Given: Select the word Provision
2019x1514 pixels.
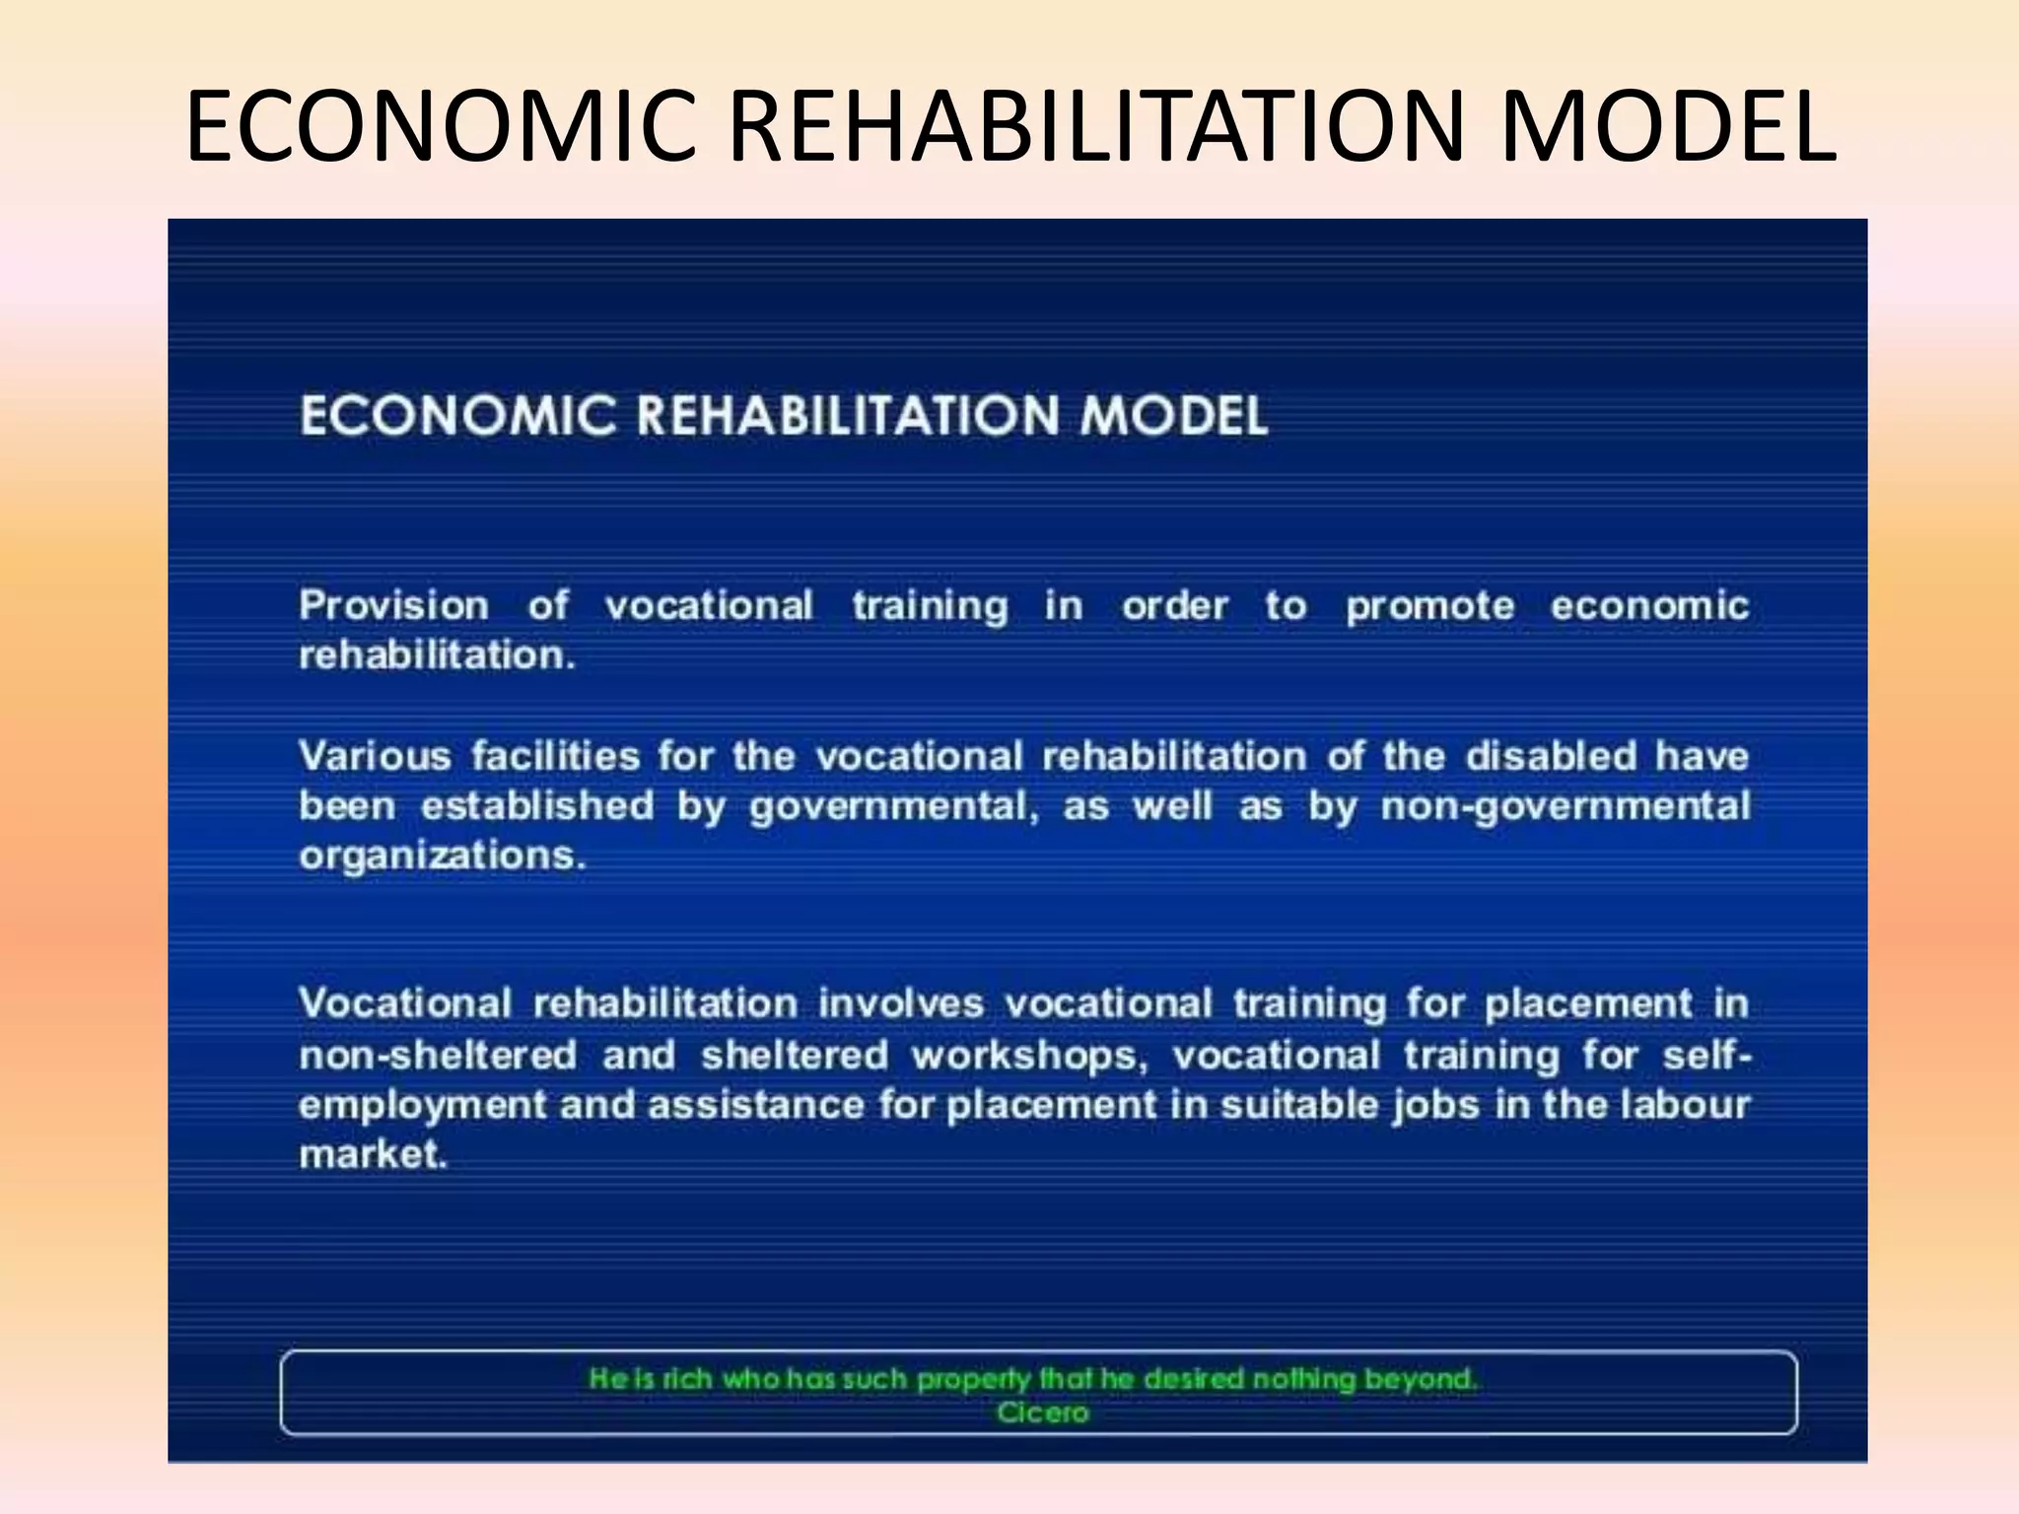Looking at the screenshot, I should [x=393, y=605].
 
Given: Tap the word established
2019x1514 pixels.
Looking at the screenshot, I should [x=537, y=806].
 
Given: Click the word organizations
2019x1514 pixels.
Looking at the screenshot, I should [x=442, y=856].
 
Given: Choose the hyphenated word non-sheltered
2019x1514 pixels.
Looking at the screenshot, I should [x=438, y=1056].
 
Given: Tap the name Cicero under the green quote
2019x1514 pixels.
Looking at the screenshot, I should [x=1042, y=1413].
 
